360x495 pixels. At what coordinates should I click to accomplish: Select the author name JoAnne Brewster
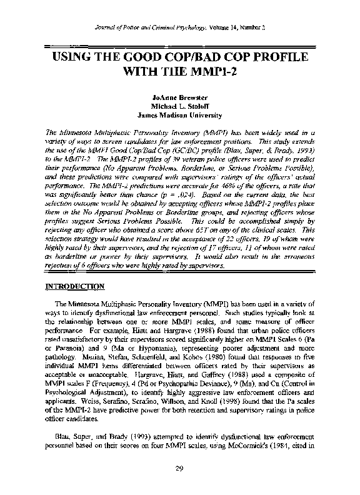(x=180, y=98)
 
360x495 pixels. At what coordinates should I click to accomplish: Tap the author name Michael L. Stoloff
(x=180, y=107)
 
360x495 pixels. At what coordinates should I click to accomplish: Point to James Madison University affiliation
(x=180, y=116)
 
